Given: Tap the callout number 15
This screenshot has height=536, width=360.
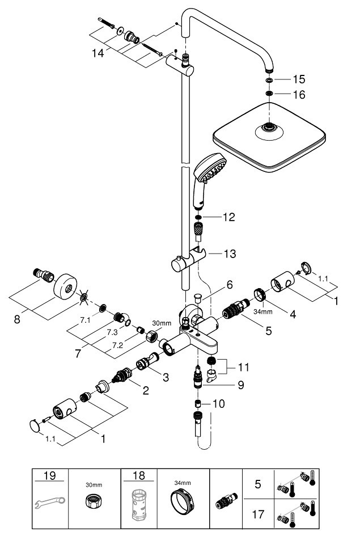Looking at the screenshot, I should [x=298, y=79].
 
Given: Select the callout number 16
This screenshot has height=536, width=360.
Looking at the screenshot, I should [x=298, y=94].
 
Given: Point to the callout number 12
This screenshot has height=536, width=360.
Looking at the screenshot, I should [x=228, y=217].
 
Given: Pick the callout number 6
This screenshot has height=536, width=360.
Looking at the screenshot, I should [x=230, y=284].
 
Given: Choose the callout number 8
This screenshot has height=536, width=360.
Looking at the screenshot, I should [x=18, y=319].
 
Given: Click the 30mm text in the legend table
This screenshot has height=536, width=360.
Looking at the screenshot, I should [x=94, y=486].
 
